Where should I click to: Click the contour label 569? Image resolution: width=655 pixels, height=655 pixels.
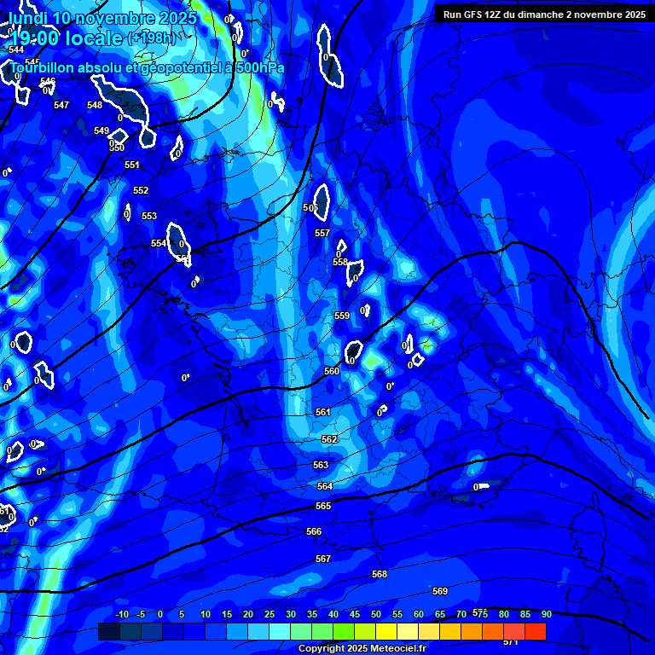[x=440, y=591]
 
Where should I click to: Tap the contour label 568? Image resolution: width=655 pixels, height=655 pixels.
[x=380, y=574]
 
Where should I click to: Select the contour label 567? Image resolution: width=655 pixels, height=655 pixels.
[x=322, y=559]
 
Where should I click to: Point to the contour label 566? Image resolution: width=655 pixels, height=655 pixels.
[x=314, y=531]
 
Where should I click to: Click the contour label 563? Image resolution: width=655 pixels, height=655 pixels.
[x=321, y=465]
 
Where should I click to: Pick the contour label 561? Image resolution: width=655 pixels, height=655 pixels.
[x=322, y=412]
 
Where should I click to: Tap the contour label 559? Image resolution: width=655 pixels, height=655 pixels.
[x=342, y=316]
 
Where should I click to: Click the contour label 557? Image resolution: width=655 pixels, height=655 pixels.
[x=322, y=233]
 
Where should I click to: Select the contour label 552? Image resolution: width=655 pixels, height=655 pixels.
[x=141, y=190]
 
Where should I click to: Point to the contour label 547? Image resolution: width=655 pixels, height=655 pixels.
[x=61, y=105]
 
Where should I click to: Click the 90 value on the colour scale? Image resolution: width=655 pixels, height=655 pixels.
[x=547, y=614]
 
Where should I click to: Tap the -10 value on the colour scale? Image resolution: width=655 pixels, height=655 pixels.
[x=122, y=614]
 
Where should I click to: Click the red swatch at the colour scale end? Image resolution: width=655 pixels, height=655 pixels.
[x=535, y=631]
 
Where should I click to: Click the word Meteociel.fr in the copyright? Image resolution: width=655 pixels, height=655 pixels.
[x=392, y=649]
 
